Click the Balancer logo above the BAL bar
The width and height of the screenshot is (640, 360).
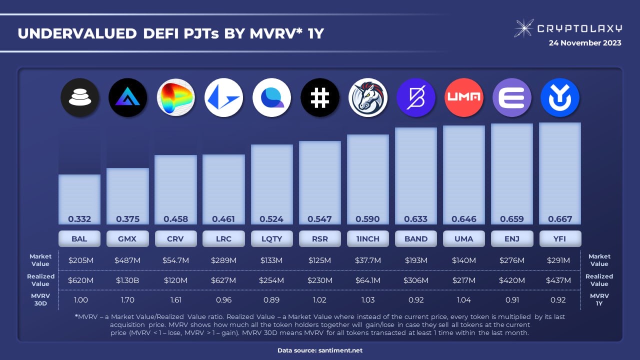pyautogui.click(x=79, y=97)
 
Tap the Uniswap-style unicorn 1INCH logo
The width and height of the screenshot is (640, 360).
pyautogui.click(x=368, y=97)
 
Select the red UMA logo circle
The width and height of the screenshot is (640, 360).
pyautogui.click(x=464, y=97)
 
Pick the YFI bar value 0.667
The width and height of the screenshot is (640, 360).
pyautogui.click(x=560, y=219)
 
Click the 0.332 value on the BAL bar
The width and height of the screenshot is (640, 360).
pyautogui.click(x=79, y=219)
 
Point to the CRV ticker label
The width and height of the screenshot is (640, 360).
pyautogui.click(x=175, y=238)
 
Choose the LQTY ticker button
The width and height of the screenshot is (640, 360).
pyautogui.click(x=271, y=238)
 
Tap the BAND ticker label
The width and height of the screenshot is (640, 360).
pyautogui.click(x=416, y=238)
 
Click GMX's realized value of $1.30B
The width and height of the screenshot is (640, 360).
pyautogui.click(x=127, y=280)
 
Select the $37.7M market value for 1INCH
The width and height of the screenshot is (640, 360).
pyautogui.click(x=368, y=260)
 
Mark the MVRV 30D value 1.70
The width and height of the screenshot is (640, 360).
pyautogui.click(x=127, y=300)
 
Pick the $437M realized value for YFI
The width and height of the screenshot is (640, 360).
pyautogui.click(x=560, y=280)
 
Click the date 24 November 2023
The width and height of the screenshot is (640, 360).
pyautogui.click(x=585, y=43)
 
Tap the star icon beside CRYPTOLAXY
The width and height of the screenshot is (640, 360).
pyautogui.click(x=523, y=28)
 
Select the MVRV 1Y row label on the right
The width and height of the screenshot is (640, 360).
pyautogui.click(x=599, y=299)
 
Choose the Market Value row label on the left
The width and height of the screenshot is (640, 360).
pyautogui.click(x=40, y=260)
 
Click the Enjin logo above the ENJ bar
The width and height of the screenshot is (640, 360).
pyautogui.click(x=512, y=97)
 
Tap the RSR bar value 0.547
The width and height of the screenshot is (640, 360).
pyautogui.click(x=320, y=219)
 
